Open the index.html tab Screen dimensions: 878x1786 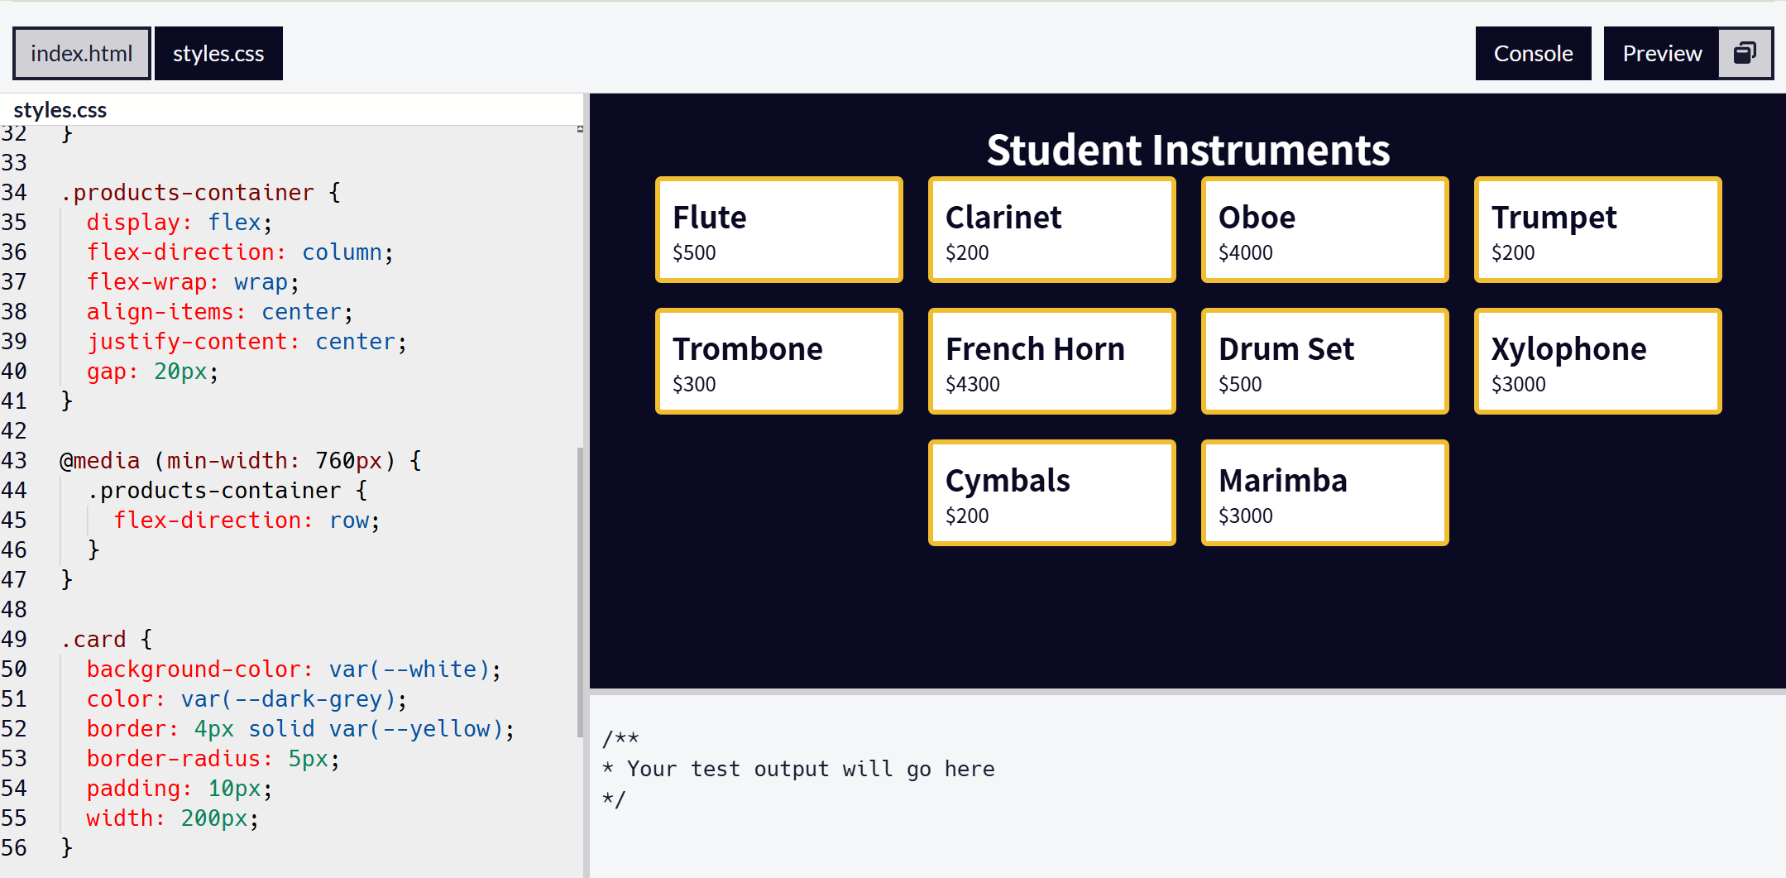click(x=81, y=54)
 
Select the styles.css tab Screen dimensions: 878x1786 click(x=218, y=54)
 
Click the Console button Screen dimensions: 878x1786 click(x=1533, y=54)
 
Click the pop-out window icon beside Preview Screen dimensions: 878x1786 click(x=1745, y=54)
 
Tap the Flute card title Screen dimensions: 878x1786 click(x=709, y=218)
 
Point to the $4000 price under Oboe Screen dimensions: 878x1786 click(x=1245, y=253)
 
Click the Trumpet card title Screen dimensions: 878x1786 click(x=1554, y=218)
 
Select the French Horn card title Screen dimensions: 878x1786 click(x=1035, y=349)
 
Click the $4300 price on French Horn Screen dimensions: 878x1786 click(x=972, y=385)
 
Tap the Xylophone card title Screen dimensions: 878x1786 click(x=1568, y=349)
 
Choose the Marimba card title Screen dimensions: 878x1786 click(x=1282, y=481)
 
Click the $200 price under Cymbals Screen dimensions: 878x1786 click(x=967, y=516)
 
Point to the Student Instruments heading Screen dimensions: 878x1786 click(x=1188, y=151)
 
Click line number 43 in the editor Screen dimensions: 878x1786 click(x=14, y=461)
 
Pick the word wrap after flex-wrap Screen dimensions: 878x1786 click(x=261, y=282)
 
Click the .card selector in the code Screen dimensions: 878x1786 click(x=93, y=640)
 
